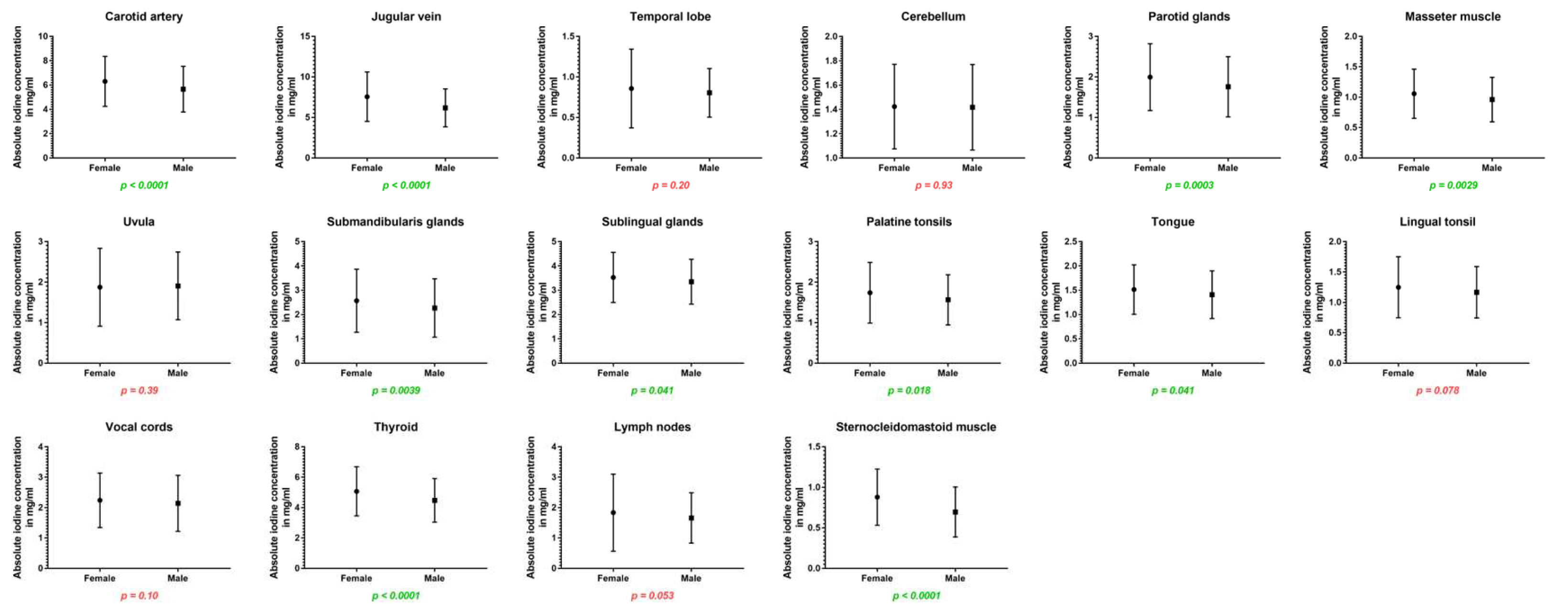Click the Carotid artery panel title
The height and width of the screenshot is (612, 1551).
point(143,17)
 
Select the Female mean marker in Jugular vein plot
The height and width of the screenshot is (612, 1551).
point(366,96)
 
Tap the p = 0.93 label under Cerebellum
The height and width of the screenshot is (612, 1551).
point(933,185)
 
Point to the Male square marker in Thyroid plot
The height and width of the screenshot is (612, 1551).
point(434,500)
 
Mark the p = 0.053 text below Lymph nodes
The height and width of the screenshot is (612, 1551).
point(652,596)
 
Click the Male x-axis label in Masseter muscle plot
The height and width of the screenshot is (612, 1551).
point(1491,168)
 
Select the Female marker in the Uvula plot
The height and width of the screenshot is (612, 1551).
point(100,287)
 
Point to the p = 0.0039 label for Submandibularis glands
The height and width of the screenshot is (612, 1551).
point(396,390)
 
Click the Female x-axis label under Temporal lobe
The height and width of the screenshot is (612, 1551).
point(631,168)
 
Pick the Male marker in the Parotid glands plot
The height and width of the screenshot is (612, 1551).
point(1228,87)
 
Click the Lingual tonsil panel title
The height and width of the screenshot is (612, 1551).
point(1437,222)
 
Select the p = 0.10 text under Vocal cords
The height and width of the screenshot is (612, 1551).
point(139,596)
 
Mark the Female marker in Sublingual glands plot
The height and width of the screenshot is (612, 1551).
point(613,277)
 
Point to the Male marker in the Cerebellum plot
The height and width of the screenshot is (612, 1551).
point(972,107)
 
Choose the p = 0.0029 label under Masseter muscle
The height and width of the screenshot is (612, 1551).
point(1453,185)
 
